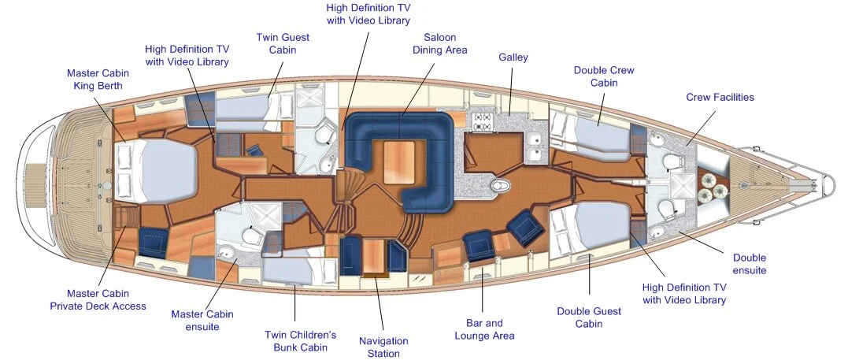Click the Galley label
(513, 58)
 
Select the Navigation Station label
(383, 347)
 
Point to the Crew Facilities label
(720, 98)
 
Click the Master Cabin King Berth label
(98, 80)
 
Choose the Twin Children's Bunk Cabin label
(301, 341)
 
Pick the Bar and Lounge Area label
(484, 329)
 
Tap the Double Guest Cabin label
(589, 317)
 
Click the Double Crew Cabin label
(604, 76)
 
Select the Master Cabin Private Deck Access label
(98, 300)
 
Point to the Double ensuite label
(749, 264)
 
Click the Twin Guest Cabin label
(283, 43)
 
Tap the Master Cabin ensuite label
(202, 321)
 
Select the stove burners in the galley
(482, 121)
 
